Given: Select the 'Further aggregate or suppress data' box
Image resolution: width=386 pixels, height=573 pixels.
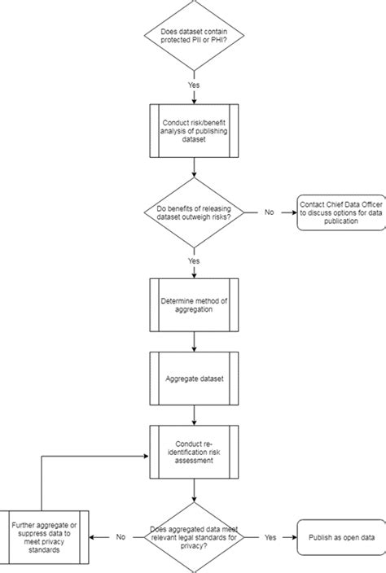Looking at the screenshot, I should pyautogui.click(x=45, y=537).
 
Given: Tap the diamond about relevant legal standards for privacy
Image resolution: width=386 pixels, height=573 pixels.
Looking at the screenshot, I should pyautogui.click(x=194, y=537).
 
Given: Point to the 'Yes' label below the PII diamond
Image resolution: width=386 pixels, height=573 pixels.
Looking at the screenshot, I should pyautogui.click(x=194, y=85).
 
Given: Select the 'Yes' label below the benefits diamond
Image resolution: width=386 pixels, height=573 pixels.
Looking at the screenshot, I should pyautogui.click(x=194, y=261).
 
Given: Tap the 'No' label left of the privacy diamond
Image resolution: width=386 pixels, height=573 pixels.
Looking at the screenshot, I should pyautogui.click(x=120, y=537).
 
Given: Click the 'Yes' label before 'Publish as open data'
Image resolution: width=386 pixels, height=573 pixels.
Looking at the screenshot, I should pyautogui.click(x=268, y=537).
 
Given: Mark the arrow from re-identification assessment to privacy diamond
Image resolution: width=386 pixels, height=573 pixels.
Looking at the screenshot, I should pyautogui.click(x=194, y=492).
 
